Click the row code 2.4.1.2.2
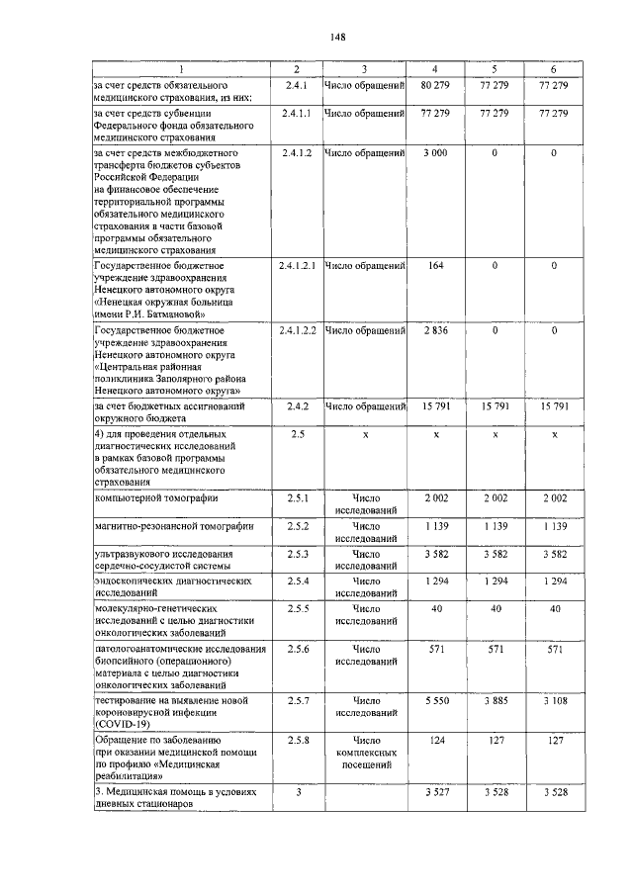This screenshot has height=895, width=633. click(x=297, y=329)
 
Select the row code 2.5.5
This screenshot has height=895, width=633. click(x=297, y=610)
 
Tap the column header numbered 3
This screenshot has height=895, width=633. click(x=364, y=68)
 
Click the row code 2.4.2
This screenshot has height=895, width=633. click(x=297, y=405)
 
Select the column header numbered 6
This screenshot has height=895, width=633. click(x=554, y=68)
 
